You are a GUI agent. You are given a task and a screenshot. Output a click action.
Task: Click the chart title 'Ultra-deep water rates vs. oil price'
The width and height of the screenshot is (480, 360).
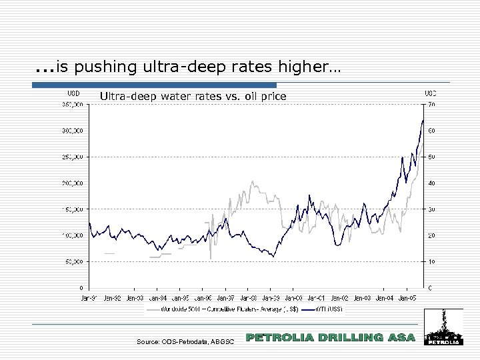tap(193, 97)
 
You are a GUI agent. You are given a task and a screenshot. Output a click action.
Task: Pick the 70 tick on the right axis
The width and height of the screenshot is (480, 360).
tap(432, 105)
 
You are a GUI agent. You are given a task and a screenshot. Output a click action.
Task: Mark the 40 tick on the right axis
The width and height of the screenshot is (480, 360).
tap(432, 183)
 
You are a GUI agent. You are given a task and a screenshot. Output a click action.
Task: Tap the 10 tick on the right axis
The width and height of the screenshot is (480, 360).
tap(432, 262)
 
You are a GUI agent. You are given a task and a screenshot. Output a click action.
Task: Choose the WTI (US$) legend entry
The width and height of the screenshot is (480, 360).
tap(324, 309)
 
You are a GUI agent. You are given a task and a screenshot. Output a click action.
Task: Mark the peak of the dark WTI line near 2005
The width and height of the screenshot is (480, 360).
tap(423, 121)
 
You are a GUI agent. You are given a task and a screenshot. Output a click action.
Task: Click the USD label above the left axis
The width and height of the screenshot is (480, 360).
tap(74, 93)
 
